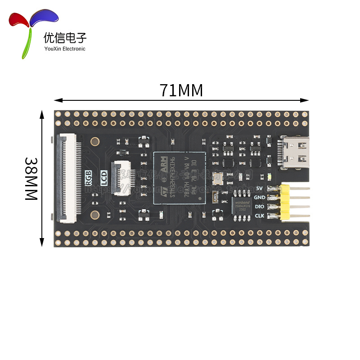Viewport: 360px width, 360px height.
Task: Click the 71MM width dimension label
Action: pyautogui.click(x=181, y=90)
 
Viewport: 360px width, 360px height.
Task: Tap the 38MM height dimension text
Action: pyautogui.click(x=31, y=179)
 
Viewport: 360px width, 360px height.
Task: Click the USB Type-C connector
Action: pyautogui.click(x=295, y=153)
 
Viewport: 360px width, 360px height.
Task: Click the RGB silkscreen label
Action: pyautogui.click(x=89, y=178)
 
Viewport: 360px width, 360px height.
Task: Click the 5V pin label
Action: pyautogui.click(x=259, y=188)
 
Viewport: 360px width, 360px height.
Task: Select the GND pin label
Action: pyautogui.click(x=260, y=197)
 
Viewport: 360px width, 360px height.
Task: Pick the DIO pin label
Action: pyautogui.click(x=260, y=207)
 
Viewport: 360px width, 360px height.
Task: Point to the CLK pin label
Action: pyautogui.click(x=260, y=216)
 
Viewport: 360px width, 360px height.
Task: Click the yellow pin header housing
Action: pyautogui.click(x=285, y=202)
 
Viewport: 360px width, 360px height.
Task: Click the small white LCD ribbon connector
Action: pyautogui.click(x=120, y=179)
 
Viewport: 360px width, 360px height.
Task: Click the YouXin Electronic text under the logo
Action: pyautogui.click(x=65, y=49)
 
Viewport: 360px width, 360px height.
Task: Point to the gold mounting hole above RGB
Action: pyautogui.click(x=95, y=142)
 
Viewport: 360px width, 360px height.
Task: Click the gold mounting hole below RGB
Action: pyautogui.click(x=95, y=215)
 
